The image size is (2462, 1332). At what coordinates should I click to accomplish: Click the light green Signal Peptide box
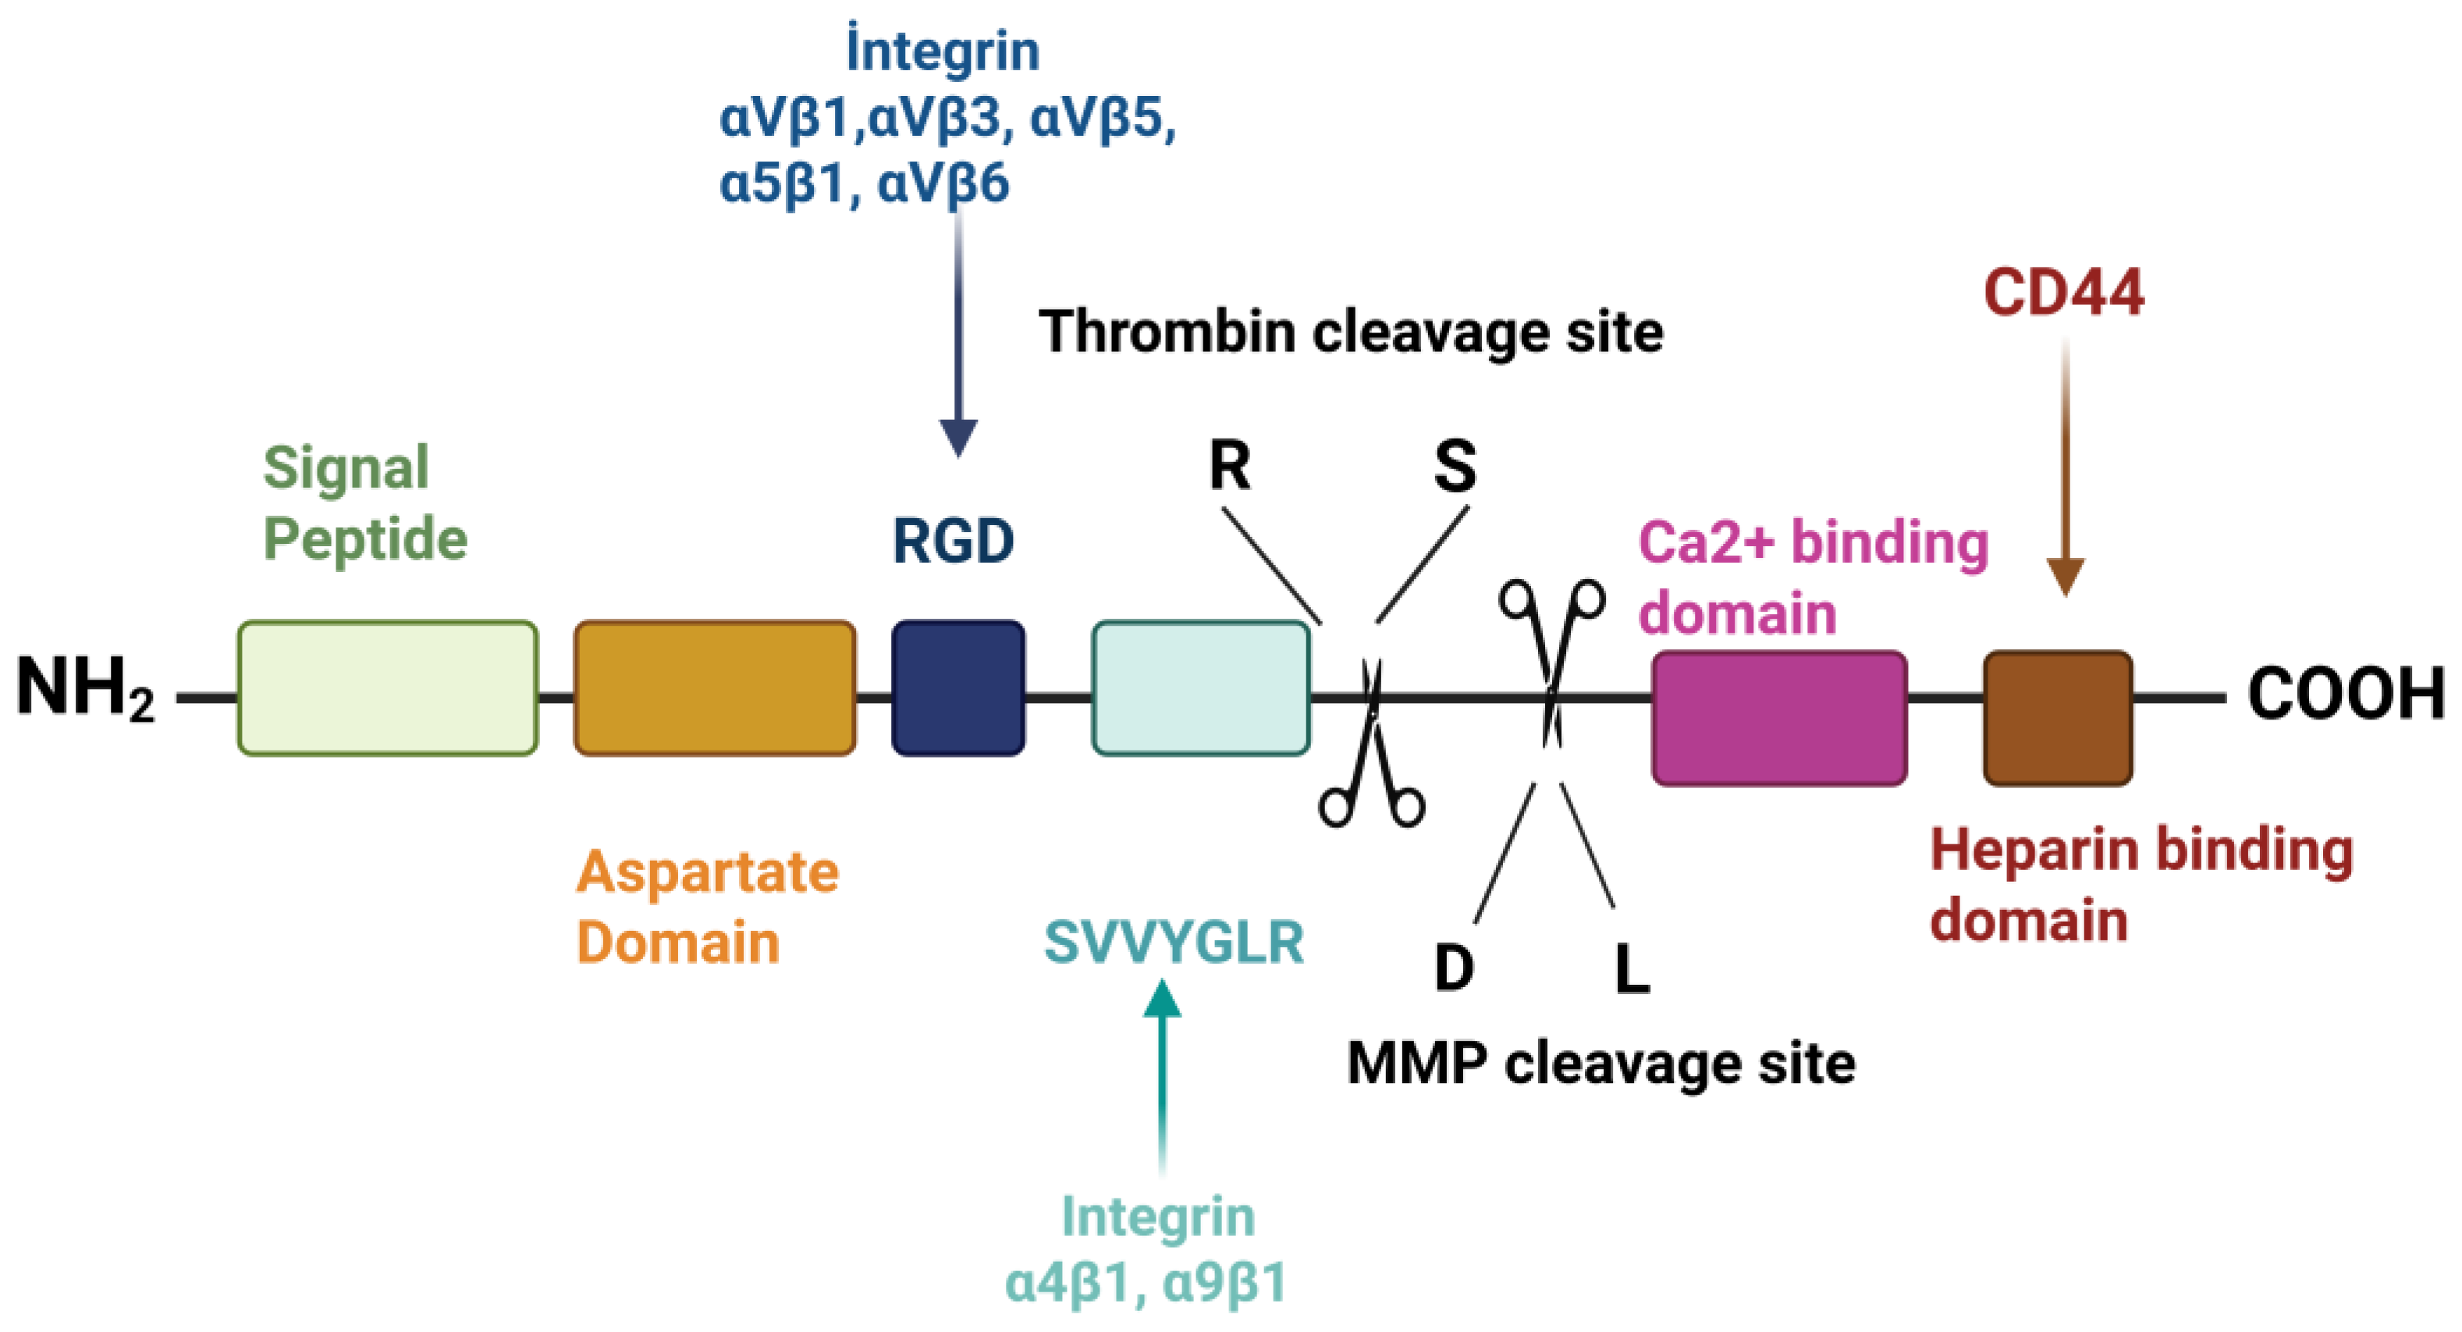[x=387, y=688]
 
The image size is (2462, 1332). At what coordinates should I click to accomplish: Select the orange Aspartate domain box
[x=714, y=688]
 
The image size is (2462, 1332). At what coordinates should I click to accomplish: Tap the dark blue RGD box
[x=957, y=688]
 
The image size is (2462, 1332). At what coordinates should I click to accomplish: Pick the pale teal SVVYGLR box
[x=1200, y=688]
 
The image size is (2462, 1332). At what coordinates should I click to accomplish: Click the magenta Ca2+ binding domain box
[x=1778, y=719]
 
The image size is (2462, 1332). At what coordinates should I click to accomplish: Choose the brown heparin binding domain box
[x=2057, y=719]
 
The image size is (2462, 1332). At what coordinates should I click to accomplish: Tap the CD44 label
[x=2063, y=293]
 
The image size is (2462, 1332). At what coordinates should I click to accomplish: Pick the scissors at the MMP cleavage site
[x=1551, y=659]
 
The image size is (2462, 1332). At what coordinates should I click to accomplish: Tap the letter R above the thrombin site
[x=1229, y=467]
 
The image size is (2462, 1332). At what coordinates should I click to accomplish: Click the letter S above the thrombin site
[x=1455, y=467]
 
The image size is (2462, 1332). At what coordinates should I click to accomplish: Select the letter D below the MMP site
[x=1454, y=967]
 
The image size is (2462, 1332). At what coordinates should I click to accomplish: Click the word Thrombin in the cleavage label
[x=1168, y=332]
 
